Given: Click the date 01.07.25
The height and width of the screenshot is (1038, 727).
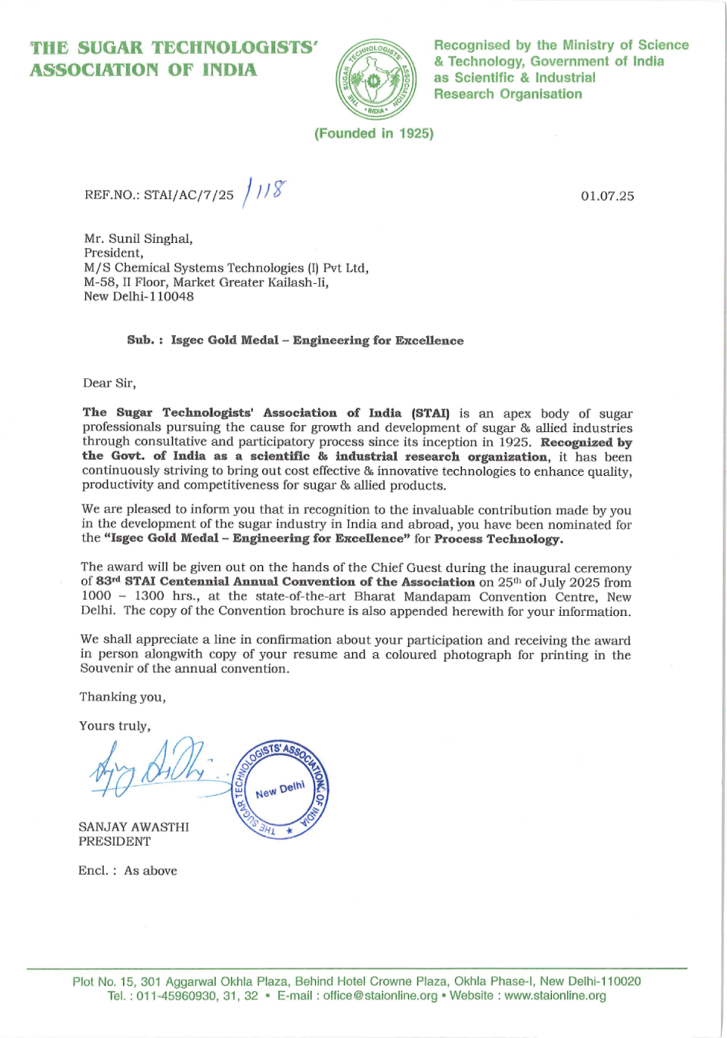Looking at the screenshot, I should pyautogui.click(x=607, y=196).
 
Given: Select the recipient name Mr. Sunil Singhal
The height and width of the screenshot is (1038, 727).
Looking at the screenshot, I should pyautogui.click(x=138, y=239).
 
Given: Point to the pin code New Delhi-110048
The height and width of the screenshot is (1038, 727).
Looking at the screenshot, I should pyautogui.click(x=138, y=297).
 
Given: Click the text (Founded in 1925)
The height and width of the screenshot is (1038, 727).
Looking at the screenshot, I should pyautogui.click(x=374, y=134).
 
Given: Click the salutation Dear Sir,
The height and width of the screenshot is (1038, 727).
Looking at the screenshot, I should pyautogui.click(x=110, y=383).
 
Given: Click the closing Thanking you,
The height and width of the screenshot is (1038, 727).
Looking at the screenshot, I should pyautogui.click(x=122, y=697).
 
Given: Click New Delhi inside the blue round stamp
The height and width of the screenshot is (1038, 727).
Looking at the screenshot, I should pyautogui.click(x=281, y=790).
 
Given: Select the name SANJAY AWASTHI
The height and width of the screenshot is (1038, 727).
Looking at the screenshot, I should pyautogui.click(x=134, y=827).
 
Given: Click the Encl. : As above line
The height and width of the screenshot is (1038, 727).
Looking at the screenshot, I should pyautogui.click(x=128, y=871).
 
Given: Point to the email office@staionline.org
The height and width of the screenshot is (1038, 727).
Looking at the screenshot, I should pyautogui.click(x=380, y=996).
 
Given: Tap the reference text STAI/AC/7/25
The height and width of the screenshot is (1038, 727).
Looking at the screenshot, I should pyautogui.click(x=189, y=196).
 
